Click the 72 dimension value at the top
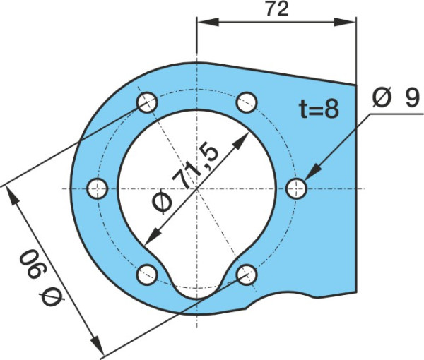pyautogui.click(x=278, y=9)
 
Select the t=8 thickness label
pyautogui.click(x=319, y=109)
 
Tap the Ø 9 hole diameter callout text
pyautogui.click(x=396, y=97)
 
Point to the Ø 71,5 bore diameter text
pyautogui.click(x=185, y=179)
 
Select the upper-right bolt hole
pyautogui.click(x=247, y=102)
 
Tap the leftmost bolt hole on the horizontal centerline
pyautogui.click(x=98, y=188)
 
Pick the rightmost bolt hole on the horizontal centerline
pyautogui.click(x=296, y=188)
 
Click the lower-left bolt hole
pyautogui.click(x=148, y=275)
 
